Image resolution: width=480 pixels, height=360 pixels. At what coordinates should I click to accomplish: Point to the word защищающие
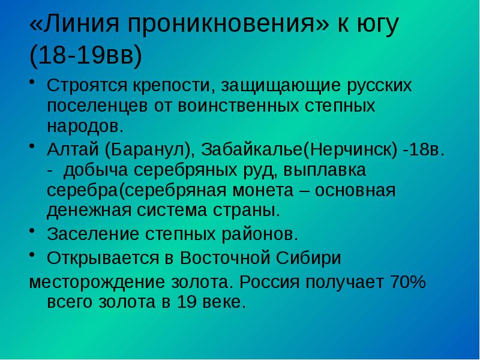[277, 86]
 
